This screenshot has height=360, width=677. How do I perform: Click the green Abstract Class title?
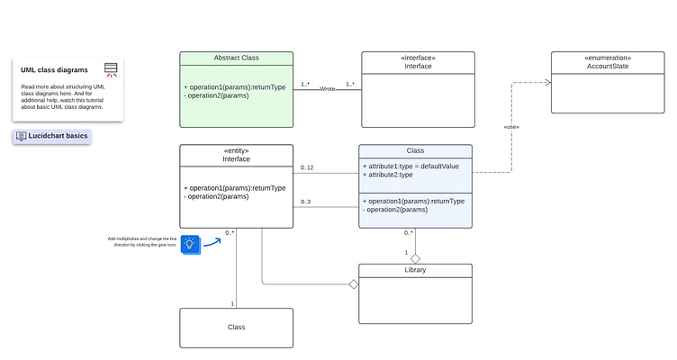pyautogui.click(x=237, y=58)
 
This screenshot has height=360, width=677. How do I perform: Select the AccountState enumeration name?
pyautogui.click(x=609, y=67)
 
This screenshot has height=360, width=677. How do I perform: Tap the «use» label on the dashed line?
pyautogui.click(x=511, y=127)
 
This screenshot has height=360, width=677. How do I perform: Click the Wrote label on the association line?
pyautogui.click(x=328, y=89)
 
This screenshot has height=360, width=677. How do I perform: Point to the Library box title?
pyautogui.click(x=415, y=270)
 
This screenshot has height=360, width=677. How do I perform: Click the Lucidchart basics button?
pyautogui.click(x=52, y=136)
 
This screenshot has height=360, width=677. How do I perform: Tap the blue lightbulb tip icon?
pyautogui.click(x=190, y=243)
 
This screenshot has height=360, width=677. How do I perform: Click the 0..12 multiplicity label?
pyautogui.click(x=308, y=167)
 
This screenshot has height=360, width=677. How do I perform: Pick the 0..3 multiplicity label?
pyautogui.click(x=307, y=202)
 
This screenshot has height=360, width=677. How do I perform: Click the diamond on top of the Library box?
pyautogui.click(x=415, y=258)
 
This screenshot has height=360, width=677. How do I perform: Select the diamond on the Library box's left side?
pyautogui.click(x=354, y=284)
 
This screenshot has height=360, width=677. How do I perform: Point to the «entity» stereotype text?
pyautogui.click(x=236, y=150)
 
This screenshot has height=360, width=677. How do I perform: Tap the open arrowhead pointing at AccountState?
pyautogui.click(x=545, y=82)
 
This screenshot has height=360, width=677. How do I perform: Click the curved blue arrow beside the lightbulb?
pyautogui.click(x=212, y=240)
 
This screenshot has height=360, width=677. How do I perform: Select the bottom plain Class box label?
pyautogui.click(x=236, y=328)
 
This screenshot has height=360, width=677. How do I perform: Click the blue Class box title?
pyautogui.click(x=415, y=151)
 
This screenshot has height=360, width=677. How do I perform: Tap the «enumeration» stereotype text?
pyautogui.click(x=609, y=57)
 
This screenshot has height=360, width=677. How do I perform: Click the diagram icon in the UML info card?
pyautogui.click(x=111, y=69)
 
